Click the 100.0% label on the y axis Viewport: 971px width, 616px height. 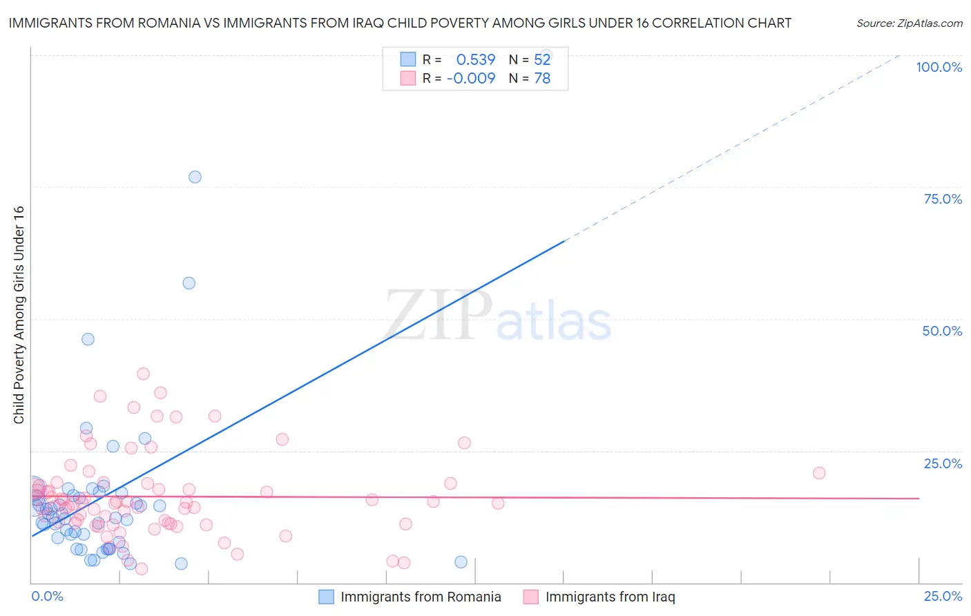[x=939, y=67]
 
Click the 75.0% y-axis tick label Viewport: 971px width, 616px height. [x=943, y=199]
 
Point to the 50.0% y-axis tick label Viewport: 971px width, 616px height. [x=942, y=331]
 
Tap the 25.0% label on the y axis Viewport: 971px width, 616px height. [x=943, y=463]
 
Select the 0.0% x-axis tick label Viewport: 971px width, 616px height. [x=47, y=596]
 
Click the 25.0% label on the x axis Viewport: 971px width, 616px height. [x=943, y=596]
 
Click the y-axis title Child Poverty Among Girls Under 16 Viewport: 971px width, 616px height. [x=19, y=315]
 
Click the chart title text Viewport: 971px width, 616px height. [x=400, y=23]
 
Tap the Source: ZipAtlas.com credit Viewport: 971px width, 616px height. [x=909, y=23]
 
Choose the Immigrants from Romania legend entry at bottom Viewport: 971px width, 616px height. [x=421, y=597]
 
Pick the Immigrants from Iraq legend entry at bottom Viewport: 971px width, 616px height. [x=610, y=597]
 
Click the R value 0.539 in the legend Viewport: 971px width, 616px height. [x=476, y=60]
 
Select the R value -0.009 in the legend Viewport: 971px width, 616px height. [x=471, y=79]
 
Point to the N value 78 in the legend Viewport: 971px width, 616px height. [x=542, y=79]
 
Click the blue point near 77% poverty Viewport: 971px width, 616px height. [x=195, y=177]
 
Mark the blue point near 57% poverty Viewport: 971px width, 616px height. [x=189, y=283]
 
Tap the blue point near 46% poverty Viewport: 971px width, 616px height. [x=88, y=339]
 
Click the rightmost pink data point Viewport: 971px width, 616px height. [x=819, y=473]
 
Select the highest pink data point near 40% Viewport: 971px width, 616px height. [x=143, y=374]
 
